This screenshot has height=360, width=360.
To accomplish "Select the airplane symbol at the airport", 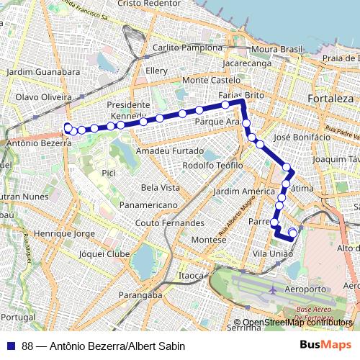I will pyautogui.click(x=272, y=290).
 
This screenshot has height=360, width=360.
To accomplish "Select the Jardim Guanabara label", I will pyautogui.click(x=42, y=72).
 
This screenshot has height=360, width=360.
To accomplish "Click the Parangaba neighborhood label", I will pyautogui.click(x=140, y=295).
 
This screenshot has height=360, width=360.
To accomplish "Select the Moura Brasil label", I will pyautogui.click(x=277, y=50).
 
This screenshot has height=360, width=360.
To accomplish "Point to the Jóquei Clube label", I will pyautogui.click(x=104, y=254).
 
